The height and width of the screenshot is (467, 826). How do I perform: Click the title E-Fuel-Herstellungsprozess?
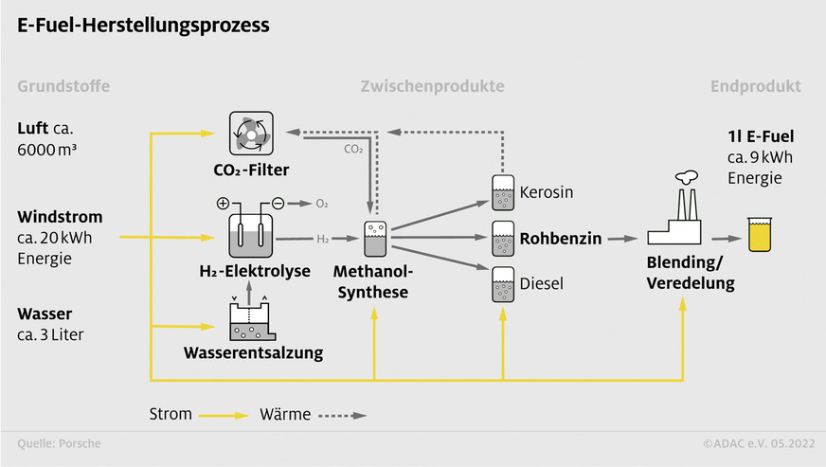click(143, 26)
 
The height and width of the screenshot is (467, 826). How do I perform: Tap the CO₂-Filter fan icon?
click(250, 135)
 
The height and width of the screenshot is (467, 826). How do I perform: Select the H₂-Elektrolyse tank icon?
click(250, 233)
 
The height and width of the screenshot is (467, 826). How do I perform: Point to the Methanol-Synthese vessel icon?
click(375, 241)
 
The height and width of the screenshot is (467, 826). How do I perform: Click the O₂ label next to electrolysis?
click(322, 204)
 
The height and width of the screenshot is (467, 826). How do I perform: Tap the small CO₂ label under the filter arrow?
click(351, 149)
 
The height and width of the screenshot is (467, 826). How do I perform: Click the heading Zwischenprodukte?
click(432, 86)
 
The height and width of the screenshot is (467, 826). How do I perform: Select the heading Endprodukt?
click(755, 86)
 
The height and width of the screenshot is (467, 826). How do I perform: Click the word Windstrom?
click(60, 217)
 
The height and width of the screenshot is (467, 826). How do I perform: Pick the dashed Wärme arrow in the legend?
click(341, 415)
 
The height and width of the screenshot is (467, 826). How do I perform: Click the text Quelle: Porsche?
click(59, 443)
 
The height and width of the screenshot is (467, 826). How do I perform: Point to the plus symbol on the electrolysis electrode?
click(224, 203)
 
